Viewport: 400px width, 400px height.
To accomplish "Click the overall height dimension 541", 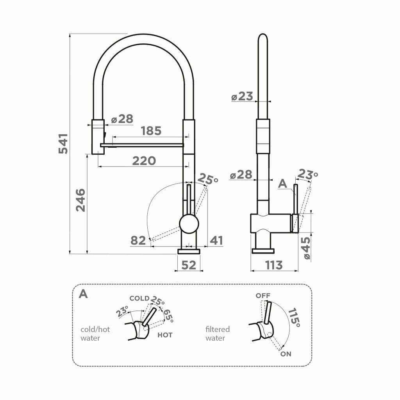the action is pyautogui.click(x=63, y=144).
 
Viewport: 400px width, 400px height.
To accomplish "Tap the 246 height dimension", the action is pyautogui.click(x=80, y=200).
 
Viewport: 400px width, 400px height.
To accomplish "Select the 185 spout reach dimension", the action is pyautogui.click(x=151, y=131).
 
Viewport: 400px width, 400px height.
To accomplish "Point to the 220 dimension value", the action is pyautogui.click(x=144, y=161).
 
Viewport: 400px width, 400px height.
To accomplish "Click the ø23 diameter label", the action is pyautogui.click(x=242, y=96).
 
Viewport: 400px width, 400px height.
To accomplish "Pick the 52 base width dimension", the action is pyautogui.click(x=189, y=265).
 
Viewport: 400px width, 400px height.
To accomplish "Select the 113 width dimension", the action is pyautogui.click(x=274, y=265).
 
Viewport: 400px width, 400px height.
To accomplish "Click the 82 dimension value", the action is pyautogui.click(x=138, y=240).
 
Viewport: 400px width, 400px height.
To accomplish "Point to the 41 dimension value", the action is pyautogui.click(x=216, y=240).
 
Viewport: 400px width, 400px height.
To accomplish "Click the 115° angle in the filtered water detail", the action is pyautogui.click(x=294, y=318).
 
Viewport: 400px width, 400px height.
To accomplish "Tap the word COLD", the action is pyautogui.click(x=139, y=298).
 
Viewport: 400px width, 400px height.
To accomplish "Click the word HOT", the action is pyautogui.click(x=165, y=335).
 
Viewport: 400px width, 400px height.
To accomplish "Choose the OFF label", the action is pyautogui.click(x=263, y=296).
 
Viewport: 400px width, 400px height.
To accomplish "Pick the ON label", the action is pyautogui.click(x=286, y=354).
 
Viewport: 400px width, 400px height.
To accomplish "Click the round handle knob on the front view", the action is pyautogui.click(x=189, y=224).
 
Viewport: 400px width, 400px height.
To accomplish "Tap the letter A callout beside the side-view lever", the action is pyautogui.click(x=283, y=184).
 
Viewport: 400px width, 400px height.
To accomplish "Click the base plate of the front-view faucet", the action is pyautogui.click(x=189, y=252).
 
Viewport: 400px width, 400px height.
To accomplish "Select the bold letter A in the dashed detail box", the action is pyautogui.click(x=84, y=294).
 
